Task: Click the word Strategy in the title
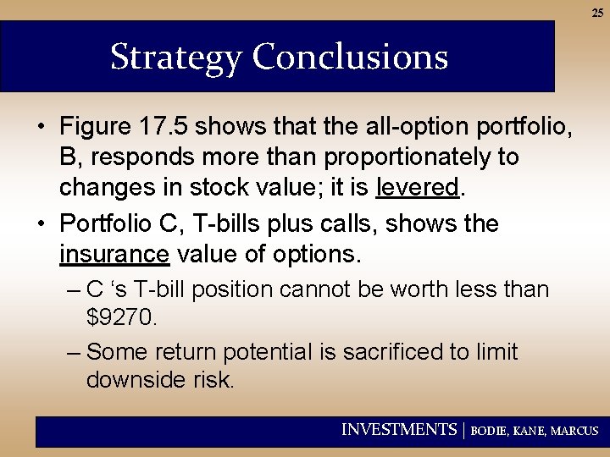coord(175,58)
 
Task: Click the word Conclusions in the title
coord(350,58)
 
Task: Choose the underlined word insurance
coord(114,253)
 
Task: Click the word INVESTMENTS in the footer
coord(398,430)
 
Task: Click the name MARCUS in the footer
coord(574,431)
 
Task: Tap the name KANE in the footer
coord(532,431)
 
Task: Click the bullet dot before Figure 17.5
coord(41,127)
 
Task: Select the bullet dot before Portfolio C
coord(41,224)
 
